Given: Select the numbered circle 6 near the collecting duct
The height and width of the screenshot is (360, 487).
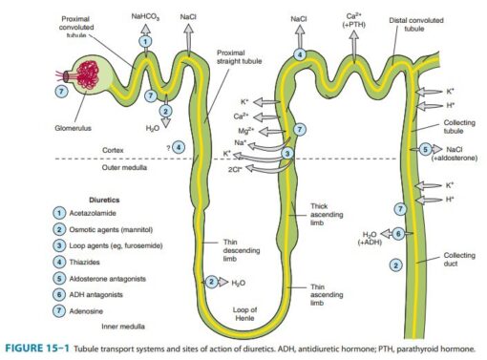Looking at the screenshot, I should [x=398, y=233].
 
